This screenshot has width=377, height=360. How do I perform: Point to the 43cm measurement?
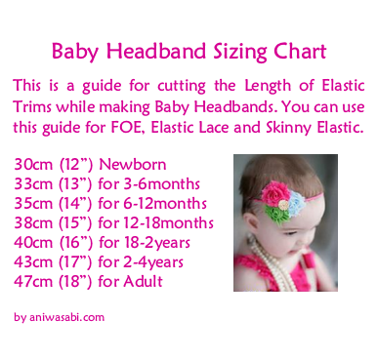[33, 262]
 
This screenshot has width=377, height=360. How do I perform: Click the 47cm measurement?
[33, 282]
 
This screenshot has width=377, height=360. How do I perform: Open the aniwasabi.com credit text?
[59, 317]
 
